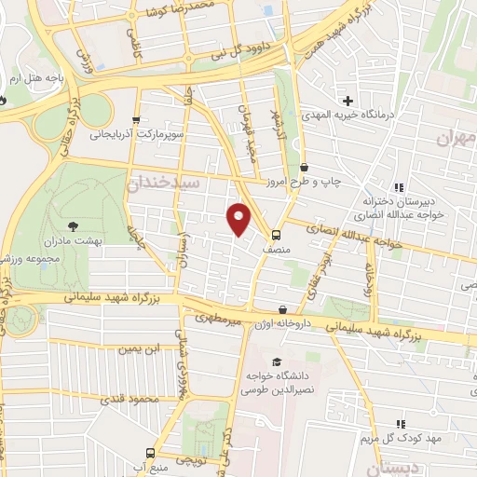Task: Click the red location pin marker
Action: pyautogui.click(x=239, y=218)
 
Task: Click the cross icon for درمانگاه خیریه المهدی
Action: pyautogui.click(x=348, y=101)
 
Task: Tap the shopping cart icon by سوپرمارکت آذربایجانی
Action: pyautogui.click(x=136, y=120)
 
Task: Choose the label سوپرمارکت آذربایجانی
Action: pyautogui.click(x=136, y=135)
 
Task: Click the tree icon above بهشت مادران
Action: pyautogui.click(x=74, y=225)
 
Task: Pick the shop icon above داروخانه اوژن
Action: pyautogui.click(x=282, y=309)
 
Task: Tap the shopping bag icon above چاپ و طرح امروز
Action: pyautogui.click(x=304, y=167)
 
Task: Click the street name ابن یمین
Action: pyautogui.click(x=134, y=349)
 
